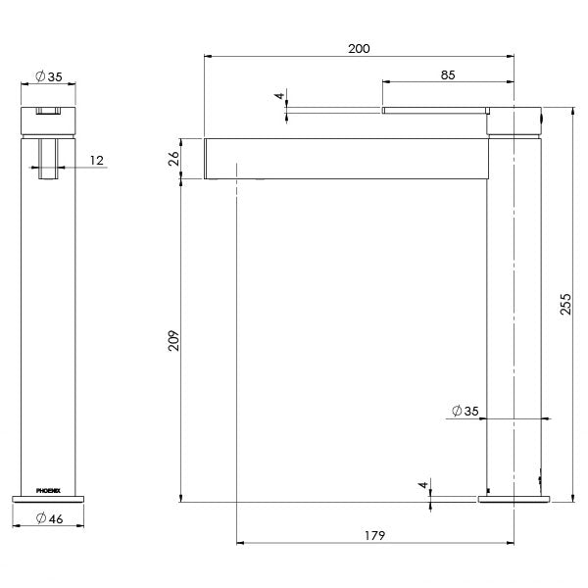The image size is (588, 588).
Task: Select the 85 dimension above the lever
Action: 447,73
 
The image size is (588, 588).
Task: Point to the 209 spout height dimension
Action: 173,341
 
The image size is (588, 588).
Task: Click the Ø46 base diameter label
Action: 48,518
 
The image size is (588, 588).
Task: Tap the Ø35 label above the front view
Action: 48,75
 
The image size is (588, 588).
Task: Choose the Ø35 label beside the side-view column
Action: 465,412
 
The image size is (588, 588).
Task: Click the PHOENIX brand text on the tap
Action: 48,487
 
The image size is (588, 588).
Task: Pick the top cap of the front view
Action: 48,121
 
